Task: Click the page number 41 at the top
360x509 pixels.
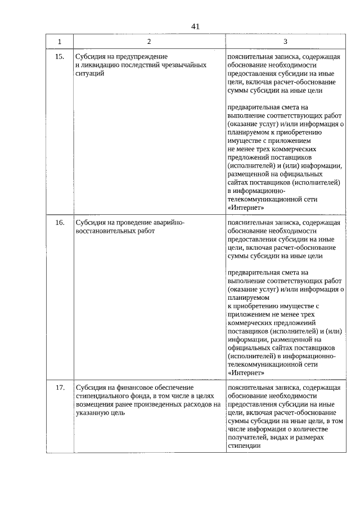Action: [195, 26]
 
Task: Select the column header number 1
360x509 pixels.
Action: [60, 42]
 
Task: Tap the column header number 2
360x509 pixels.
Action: [149, 42]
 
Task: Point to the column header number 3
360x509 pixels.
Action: [285, 42]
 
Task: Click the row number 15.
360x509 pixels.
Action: [60, 57]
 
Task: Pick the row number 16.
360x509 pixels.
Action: [60, 223]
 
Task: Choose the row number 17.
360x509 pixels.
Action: [60, 388]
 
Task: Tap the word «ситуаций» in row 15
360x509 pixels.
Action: [89, 74]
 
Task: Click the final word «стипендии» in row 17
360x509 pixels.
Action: [244, 445]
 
